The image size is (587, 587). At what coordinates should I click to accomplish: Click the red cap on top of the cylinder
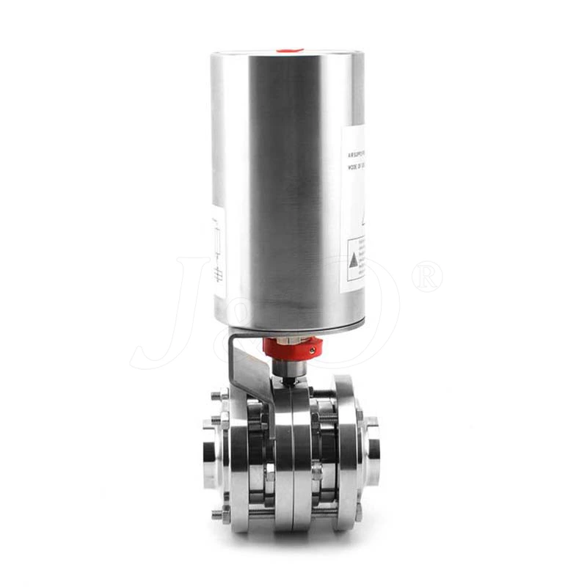tap(290, 51)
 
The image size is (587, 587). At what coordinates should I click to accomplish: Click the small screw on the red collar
tap(313, 351)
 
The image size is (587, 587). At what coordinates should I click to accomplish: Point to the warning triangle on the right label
tap(354, 260)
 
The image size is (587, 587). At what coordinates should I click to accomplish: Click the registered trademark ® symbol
tap(427, 277)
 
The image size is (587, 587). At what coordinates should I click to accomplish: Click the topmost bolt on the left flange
tap(216, 396)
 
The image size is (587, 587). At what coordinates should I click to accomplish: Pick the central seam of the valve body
tap(291, 459)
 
